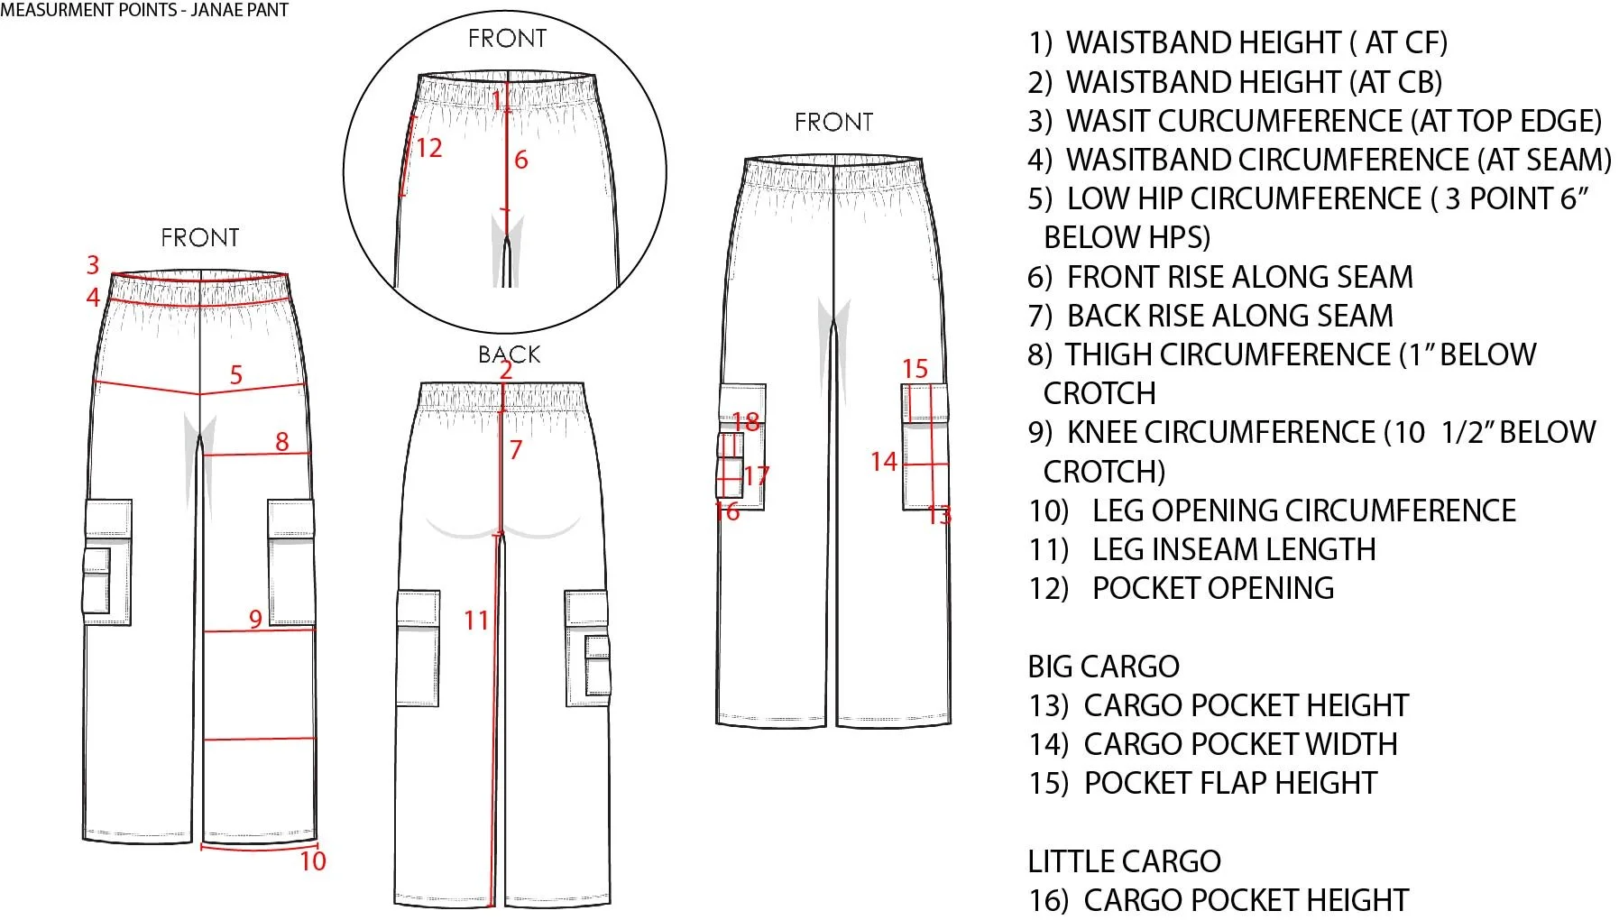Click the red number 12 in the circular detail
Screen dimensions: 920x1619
(x=428, y=147)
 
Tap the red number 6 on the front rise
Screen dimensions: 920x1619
(x=520, y=161)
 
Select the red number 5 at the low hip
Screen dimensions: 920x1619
(x=236, y=374)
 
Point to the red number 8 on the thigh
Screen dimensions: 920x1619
(x=282, y=441)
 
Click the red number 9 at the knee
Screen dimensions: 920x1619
(x=256, y=619)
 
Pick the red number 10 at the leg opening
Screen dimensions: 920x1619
(x=313, y=861)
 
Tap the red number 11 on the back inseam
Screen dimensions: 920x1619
(x=476, y=621)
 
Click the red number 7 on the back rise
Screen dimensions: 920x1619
(x=516, y=449)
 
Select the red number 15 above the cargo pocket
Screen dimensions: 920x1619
(x=915, y=369)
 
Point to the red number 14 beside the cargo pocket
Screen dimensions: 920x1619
(x=884, y=462)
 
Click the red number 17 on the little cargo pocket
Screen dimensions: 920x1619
(x=757, y=475)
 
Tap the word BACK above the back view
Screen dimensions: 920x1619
(x=509, y=354)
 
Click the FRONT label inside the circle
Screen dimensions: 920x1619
(x=507, y=39)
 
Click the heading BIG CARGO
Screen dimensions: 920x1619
(x=1103, y=667)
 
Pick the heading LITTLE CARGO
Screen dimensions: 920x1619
(x=1124, y=861)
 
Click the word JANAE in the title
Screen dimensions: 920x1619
(x=216, y=11)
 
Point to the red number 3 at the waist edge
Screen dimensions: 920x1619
(x=93, y=265)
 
